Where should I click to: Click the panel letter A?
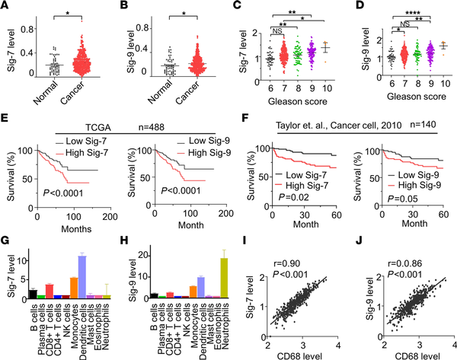pyautogui.click(x=6, y=6)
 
